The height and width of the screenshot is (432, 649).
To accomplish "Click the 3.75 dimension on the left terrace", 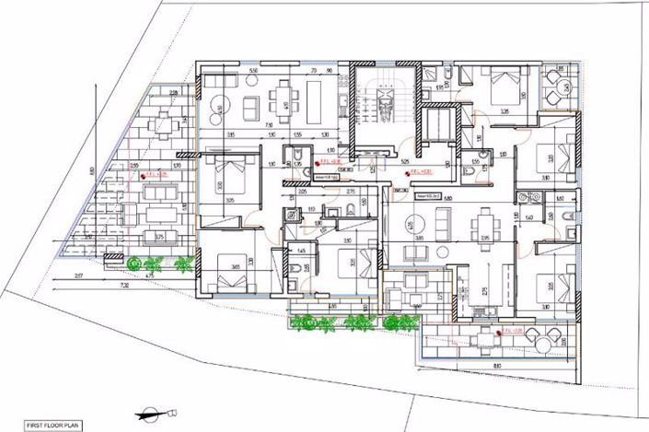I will (160, 236).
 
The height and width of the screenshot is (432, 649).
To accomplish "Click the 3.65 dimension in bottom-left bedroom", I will (236, 266).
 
